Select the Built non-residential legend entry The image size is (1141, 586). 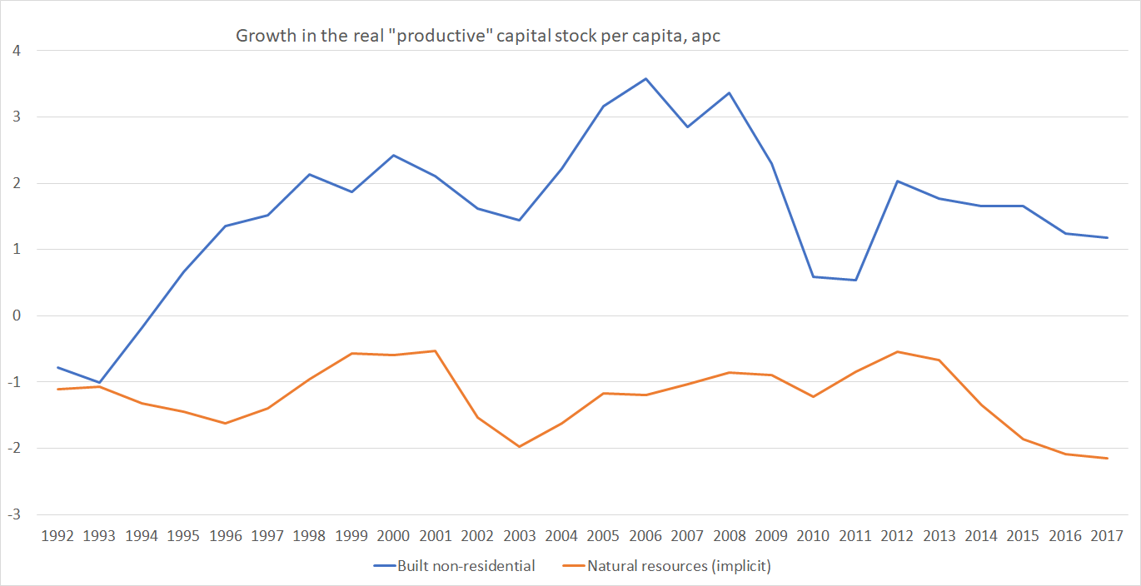(466, 566)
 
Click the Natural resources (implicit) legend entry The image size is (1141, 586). (679, 566)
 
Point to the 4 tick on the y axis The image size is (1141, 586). (16, 51)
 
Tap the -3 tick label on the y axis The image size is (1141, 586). (13, 514)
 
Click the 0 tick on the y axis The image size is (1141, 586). (16, 315)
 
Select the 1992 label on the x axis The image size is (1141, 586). (57, 535)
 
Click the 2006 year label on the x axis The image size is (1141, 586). (645, 535)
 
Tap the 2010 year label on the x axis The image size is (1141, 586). (813, 535)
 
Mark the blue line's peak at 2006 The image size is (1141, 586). (645, 79)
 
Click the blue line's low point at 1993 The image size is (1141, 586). (100, 383)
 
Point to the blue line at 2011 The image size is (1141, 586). (855, 280)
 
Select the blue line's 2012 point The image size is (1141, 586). (897, 181)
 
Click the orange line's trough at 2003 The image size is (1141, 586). (520, 447)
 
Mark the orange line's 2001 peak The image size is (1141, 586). (436, 350)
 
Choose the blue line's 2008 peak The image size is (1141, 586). (730, 92)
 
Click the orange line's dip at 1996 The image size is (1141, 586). (226, 424)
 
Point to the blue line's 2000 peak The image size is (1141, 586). (393, 155)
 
